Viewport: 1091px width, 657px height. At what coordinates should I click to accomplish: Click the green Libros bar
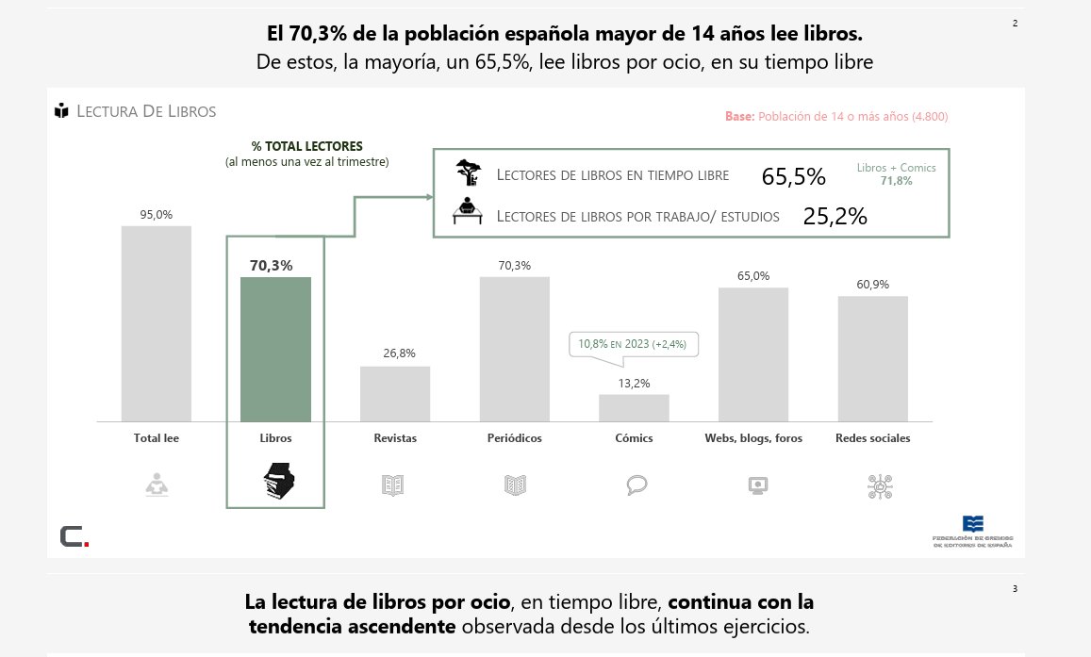tap(276, 349)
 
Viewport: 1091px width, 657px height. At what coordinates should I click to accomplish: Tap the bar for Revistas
tap(395, 393)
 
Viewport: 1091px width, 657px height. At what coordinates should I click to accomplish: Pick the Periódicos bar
tap(515, 349)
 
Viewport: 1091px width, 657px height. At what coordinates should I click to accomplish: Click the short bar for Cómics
tap(634, 407)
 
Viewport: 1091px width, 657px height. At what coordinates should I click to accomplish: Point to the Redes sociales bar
tap(873, 358)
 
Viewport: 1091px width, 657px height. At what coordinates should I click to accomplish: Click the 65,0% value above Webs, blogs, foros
tap(753, 276)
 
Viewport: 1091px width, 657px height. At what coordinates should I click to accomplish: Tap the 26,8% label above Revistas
tap(399, 353)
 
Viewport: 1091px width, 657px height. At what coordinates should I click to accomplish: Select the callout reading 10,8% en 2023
tap(634, 345)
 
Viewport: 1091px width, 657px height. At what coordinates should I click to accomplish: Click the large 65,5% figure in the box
tap(793, 177)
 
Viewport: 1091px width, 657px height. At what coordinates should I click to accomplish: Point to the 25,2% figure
tap(835, 216)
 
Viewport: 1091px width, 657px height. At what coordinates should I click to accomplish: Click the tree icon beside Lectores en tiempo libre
tap(469, 173)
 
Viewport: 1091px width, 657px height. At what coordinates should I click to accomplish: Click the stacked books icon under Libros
tap(278, 483)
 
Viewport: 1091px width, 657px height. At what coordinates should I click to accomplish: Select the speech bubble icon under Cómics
tap(636, 485)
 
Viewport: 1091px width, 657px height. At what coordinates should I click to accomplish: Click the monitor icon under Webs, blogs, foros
tap(756, 485)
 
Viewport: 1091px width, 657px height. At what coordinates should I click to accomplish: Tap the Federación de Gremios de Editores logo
tap(972, 531)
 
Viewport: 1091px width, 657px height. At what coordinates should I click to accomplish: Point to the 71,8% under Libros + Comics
tap(896, 181)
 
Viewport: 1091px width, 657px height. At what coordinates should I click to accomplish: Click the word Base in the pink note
tap(739, 117)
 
